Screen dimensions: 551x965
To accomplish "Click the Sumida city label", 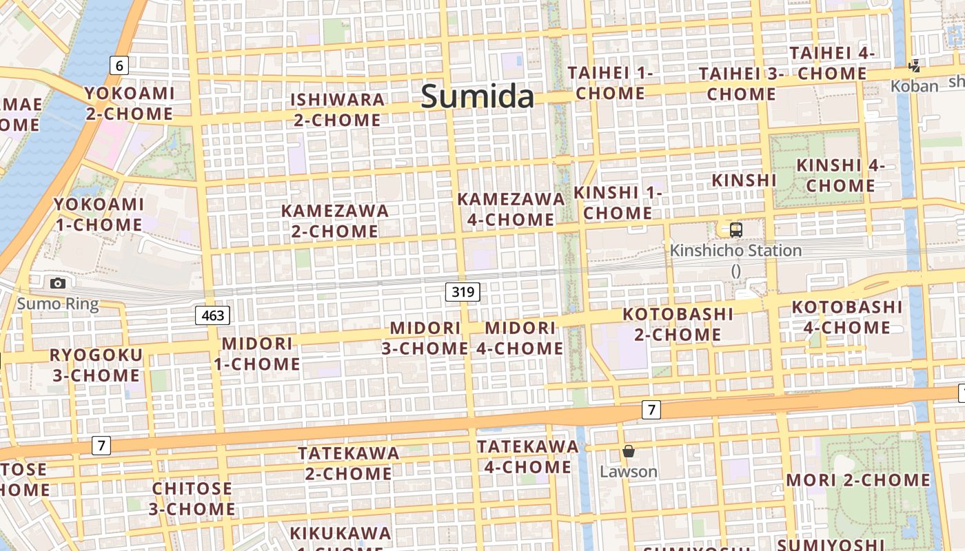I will tap(478, 96).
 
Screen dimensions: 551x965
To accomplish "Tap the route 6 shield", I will tap(119, 65).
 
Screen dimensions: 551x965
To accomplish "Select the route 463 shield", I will tap(212, 315).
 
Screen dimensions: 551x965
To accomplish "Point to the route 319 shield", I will tap(462, 291).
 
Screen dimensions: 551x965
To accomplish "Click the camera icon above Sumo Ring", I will tap(58, 283).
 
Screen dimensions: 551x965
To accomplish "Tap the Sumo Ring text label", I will tap(58, 304).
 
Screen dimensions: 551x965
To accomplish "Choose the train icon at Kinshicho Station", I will tap(735, 230).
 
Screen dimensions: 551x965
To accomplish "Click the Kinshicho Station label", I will tap(735, 251).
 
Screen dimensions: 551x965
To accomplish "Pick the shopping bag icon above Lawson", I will tap(628, 451).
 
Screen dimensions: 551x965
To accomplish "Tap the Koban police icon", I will tap(914, 67).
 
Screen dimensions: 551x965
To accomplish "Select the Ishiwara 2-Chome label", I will tap(337, 110).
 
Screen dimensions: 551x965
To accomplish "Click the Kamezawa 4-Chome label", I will tap(510, 209).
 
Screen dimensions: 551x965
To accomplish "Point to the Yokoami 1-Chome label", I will tap(99, 214).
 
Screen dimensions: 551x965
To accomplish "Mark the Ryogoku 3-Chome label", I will tap(96, 365).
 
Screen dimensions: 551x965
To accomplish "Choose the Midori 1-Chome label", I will tap(257, 353).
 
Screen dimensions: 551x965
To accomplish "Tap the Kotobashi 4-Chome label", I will tap(846, 317).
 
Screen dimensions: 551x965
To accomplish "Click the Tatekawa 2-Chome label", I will tap(349, 463).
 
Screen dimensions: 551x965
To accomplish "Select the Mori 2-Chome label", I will tap(858, 480).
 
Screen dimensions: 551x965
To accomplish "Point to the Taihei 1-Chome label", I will tap(610, 83).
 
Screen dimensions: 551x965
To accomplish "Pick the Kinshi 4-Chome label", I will tap(840, 175).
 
